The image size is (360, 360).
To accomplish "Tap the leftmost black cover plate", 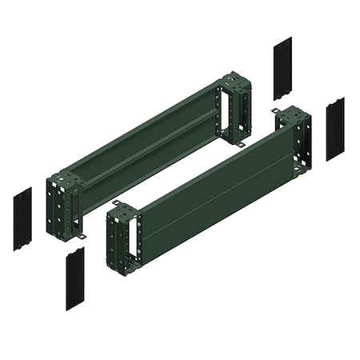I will [x=22, y=218].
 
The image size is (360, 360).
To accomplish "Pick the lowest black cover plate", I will [x=75, y=278].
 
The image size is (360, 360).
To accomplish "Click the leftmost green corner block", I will [x=62, y=205].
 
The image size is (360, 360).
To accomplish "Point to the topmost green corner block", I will [x=235, y=107].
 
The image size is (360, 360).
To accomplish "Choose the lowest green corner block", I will [x=123, y=235].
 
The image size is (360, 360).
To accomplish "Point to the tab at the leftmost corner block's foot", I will [x=83, y=238].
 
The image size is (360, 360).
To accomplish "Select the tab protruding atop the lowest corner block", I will [x=116, y=205].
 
